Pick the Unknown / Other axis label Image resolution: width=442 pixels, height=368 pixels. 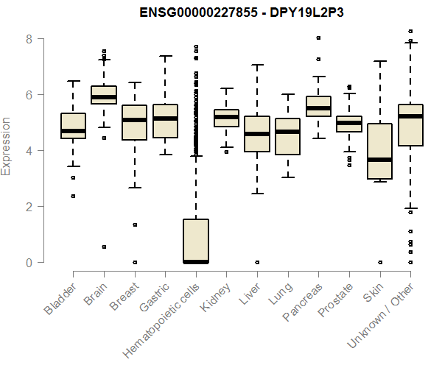point(382,312)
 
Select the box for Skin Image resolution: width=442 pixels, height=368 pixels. point(380,151)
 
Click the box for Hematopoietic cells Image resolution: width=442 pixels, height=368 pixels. point(196,240)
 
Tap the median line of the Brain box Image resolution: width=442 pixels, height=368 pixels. point(104,96)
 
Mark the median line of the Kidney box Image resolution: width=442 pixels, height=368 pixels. point(227,117)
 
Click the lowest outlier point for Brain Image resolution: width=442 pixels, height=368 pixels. point(104,247)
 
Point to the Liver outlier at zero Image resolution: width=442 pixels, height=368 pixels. point(257,262)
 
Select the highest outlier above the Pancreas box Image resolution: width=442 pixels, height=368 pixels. point(318,38)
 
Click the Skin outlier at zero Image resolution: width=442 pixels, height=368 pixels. point(380,262)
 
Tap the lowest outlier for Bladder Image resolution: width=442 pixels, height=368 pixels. point(73,196)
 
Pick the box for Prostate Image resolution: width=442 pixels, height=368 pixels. point(349,124)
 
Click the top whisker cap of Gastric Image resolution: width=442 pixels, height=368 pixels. point(165,56)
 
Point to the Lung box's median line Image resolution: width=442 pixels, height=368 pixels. point(288,132)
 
